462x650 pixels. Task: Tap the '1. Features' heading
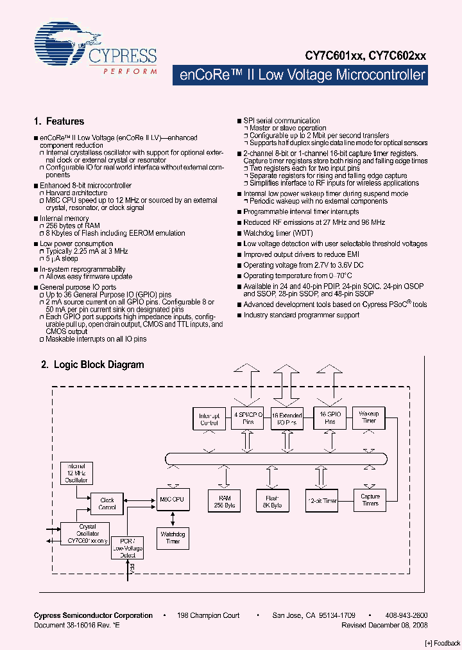tap(58, 121)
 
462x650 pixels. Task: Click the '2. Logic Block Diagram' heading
tap(92, 365)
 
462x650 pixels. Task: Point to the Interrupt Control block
tap(209, 418)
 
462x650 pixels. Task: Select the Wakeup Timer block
tap(368, 417)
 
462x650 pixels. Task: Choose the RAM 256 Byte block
tap(224, 501)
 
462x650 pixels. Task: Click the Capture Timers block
tap(370, 500)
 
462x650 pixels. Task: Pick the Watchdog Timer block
tap(173, 537)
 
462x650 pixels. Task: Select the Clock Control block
tap(107, 504)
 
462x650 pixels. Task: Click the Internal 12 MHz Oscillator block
tap(76, 473)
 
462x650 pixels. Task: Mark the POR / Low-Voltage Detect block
tap(127, 548)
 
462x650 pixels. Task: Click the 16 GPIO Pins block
tap(329, 417)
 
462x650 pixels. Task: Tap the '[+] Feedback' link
tap(443, 643)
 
